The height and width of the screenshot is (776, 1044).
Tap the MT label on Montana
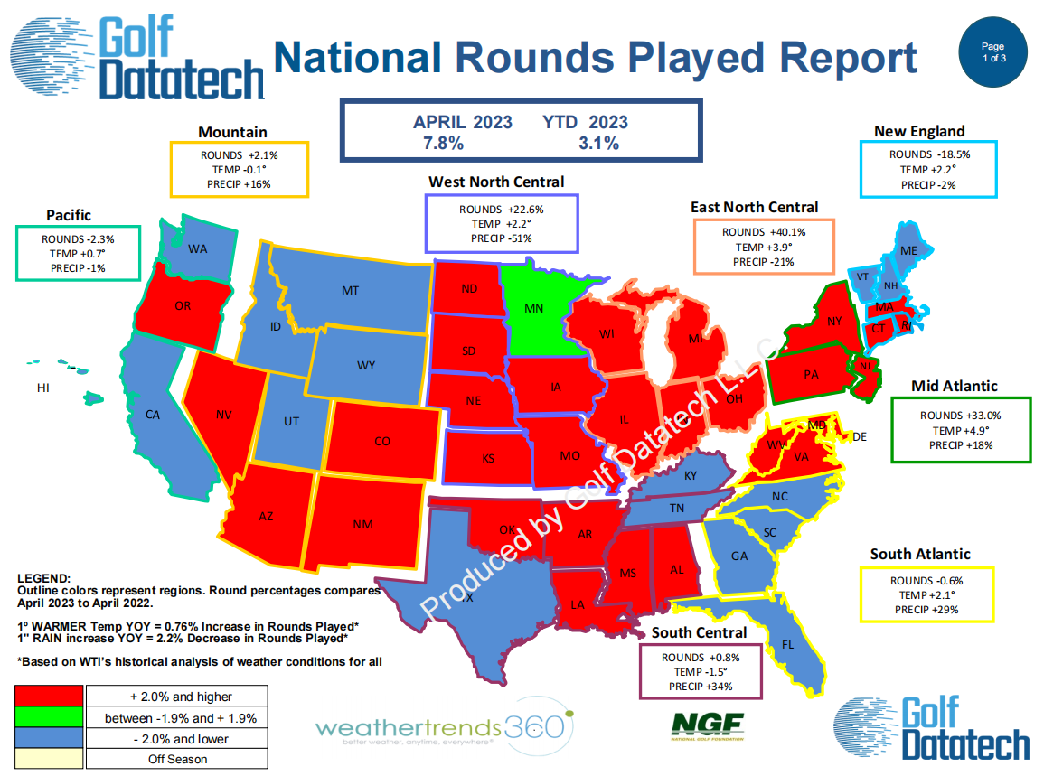click(350, 290)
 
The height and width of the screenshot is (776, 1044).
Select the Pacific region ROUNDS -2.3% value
click(78, 238)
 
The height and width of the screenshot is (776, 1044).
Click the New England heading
click(919, 131)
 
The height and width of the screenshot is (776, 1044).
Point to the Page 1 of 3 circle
click(992, 52)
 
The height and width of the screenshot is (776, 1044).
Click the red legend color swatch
click(50, 697)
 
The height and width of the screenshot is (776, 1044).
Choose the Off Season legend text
click(177, 760)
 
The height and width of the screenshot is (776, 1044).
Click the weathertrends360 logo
click(445, 726)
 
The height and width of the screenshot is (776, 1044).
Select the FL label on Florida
click(787, 644)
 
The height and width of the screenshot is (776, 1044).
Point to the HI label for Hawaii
click(43, 388)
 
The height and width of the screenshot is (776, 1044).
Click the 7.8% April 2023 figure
click(444, 143)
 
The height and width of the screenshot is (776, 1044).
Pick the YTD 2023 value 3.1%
click(598, 143)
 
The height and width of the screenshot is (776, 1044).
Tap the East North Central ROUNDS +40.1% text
click(764, 232)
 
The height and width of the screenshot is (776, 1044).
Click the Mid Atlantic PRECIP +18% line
click(961, 445)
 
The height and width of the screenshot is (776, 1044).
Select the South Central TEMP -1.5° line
click(701, 672)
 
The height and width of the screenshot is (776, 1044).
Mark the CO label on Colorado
click(382, 441)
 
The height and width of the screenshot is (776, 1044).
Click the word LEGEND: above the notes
click(44, 578)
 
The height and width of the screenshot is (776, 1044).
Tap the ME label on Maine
click(908, 251)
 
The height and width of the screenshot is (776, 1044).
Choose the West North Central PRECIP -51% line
click(502, 238)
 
